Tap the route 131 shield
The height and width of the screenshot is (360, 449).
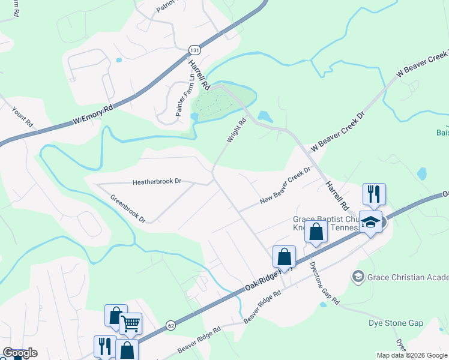click(x=193, y=50)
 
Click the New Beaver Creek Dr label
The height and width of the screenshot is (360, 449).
click(x=285, y=185)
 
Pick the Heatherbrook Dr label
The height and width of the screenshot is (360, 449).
click(x=157, y=181)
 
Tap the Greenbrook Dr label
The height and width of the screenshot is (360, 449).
click(x=128, y=208)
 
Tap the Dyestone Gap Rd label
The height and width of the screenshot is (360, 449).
click(x=325, y=282)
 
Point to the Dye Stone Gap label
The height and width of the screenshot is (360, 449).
click(x=396, y=323)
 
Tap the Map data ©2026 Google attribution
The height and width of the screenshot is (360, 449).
click(x=411, y=355)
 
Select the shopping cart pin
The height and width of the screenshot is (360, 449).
click(x=130, y=324)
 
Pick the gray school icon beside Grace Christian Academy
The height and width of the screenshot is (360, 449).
click(x=358, y=276)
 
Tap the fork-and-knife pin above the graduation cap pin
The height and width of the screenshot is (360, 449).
click(x=374, y=194)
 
